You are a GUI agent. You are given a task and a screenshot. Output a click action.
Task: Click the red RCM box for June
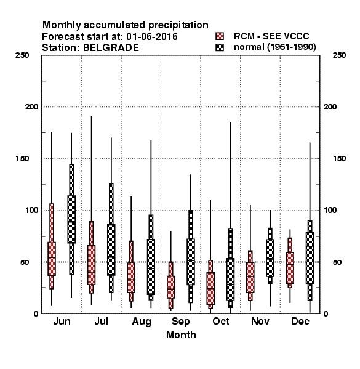[52, 258]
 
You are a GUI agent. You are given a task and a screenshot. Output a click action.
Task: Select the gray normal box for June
[71, 219]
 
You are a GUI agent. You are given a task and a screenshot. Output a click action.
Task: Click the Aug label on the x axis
[142, 322]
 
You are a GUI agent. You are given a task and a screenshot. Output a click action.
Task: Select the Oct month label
[221, 321]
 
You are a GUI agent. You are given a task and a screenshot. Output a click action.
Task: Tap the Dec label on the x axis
[300, 321]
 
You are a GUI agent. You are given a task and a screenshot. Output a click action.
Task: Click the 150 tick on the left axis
[22, 159]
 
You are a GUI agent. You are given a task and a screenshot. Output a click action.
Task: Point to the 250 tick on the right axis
[339, 55]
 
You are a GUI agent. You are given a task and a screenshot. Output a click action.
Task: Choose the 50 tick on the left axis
[25, 262]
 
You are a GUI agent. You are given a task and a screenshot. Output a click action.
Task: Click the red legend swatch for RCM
[220, 36]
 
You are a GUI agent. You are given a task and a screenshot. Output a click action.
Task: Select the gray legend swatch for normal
[220, 47]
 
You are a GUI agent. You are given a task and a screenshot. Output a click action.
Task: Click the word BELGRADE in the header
[111, 48]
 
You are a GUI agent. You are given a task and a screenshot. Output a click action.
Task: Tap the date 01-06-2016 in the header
[152, 37]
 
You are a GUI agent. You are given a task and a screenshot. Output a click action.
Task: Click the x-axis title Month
[181, 335]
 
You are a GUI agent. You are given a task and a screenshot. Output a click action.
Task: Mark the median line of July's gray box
[111, 256]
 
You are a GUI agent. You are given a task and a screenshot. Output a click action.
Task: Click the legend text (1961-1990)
[292, 47]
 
